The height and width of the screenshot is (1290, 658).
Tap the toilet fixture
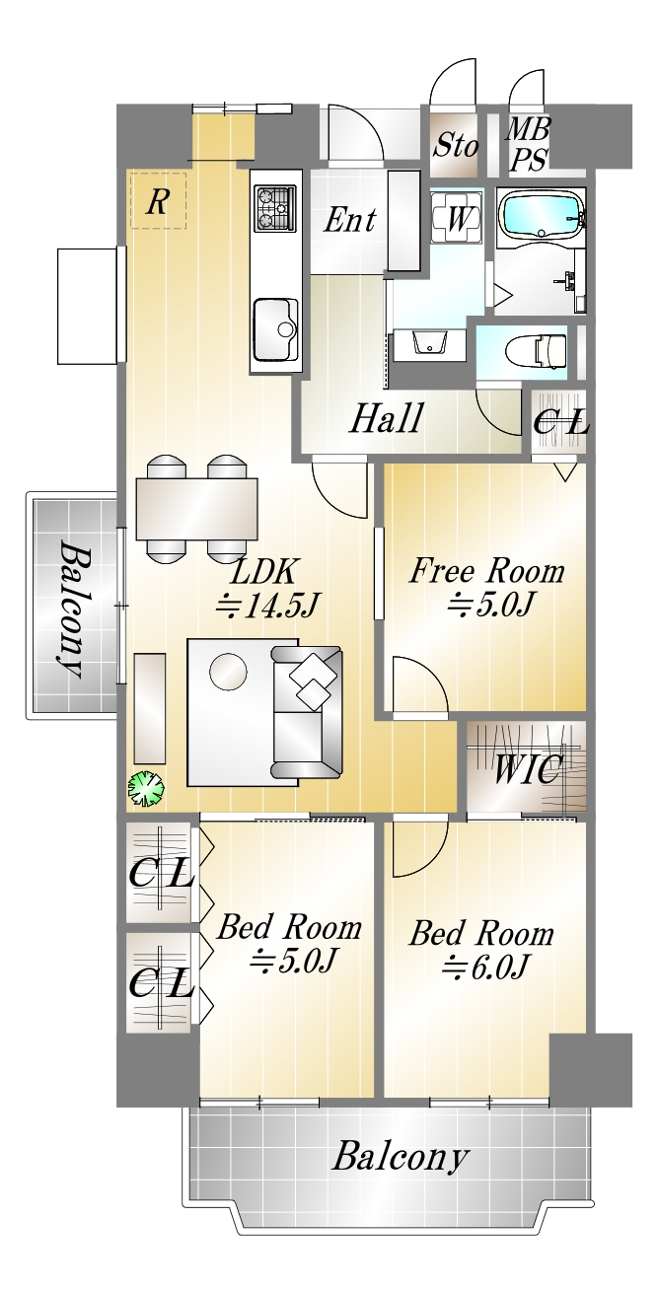point(536,351)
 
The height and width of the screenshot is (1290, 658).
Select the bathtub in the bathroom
point(541,214)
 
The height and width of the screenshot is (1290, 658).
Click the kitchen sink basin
point(276,328)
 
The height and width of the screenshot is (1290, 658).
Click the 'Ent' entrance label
point(350,219)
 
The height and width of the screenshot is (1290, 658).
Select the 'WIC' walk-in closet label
point(528,768)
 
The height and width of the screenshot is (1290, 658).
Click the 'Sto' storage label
point(456,145)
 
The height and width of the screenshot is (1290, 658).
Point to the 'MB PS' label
point(528,143)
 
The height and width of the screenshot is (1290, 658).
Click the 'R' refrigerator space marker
point(157,201)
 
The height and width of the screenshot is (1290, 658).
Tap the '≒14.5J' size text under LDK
point(266,606)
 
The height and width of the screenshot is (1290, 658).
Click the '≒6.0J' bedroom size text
point(484,967)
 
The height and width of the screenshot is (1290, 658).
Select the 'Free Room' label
point(487,571)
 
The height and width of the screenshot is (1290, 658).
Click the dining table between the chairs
point(196,509)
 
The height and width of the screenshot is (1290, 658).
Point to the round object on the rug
point(228,671)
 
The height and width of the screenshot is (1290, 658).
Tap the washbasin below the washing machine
point(430,345)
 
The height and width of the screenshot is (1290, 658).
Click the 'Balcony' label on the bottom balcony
point(401,1158)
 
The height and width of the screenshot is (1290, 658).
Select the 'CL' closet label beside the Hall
point(560,423)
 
